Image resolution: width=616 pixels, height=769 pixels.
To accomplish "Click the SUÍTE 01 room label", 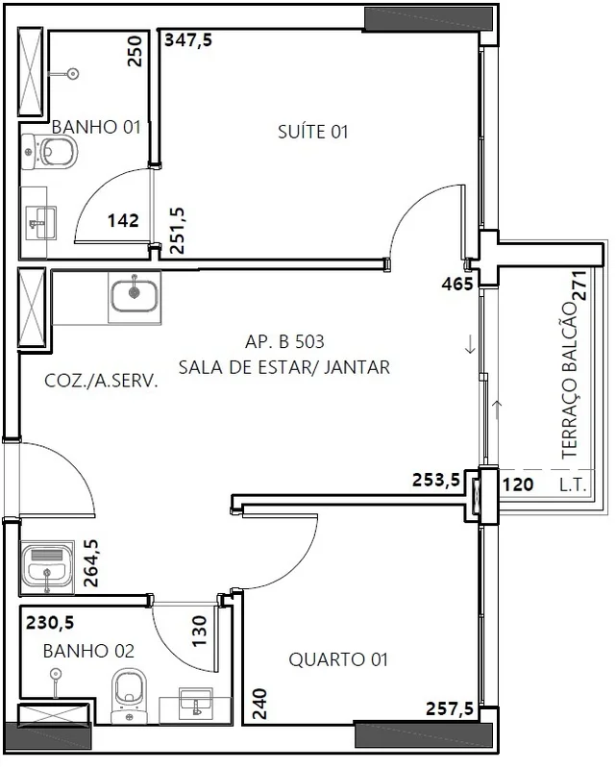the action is pos(313,132).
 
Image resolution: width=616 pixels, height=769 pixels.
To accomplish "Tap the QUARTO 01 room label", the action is pos(338,659).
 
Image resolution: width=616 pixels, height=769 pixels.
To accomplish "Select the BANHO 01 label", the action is pos(96,127).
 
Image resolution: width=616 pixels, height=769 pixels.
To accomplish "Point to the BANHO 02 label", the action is pos(88,651).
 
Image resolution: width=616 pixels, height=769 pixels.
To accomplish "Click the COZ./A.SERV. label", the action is pos(102,381).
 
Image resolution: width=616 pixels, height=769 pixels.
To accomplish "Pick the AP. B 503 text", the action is pos(284,341).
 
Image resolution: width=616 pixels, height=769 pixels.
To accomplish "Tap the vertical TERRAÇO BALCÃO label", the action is pos(570,381).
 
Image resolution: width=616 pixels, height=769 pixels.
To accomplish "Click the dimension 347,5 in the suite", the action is pos(188,39).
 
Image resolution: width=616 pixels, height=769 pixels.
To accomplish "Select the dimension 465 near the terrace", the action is pos(457,284).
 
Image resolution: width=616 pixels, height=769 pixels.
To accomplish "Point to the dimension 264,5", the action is pos(91,563).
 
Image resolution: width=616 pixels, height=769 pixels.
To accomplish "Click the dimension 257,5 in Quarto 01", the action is pos(450,708).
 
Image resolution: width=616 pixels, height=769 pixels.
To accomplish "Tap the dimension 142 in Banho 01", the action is pos(123,221).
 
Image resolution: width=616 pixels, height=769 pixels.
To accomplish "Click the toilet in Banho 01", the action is pos(50,152).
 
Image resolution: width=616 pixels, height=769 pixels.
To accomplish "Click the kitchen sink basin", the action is pos(135,296).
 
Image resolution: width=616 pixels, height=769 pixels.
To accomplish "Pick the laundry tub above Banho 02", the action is pos(46,567).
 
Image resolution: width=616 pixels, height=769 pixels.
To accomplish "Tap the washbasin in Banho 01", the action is pos(39,223).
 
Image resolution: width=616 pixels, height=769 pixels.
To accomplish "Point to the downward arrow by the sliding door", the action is pos(470,344).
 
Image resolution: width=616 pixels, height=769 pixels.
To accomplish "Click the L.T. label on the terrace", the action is pos(573,485).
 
